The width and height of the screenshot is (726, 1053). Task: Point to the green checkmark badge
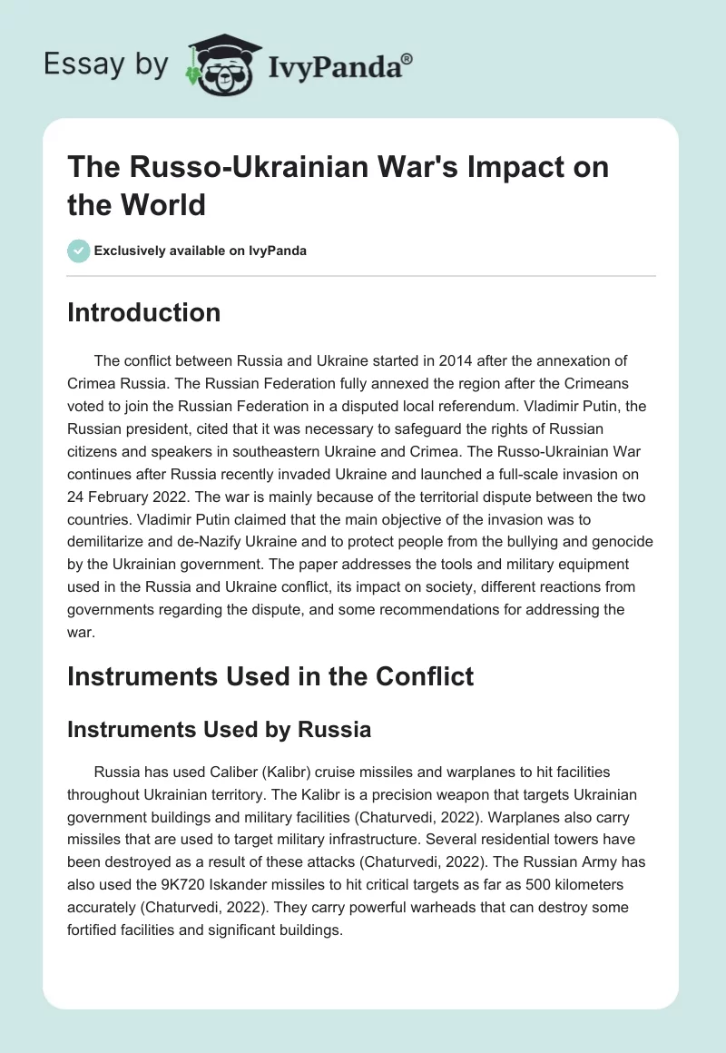coord(78,251)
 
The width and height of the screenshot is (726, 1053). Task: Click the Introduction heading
coord(143,312)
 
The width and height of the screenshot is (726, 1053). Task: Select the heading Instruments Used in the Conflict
coord(270,675)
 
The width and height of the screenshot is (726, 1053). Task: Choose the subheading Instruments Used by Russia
coord(221,728)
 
